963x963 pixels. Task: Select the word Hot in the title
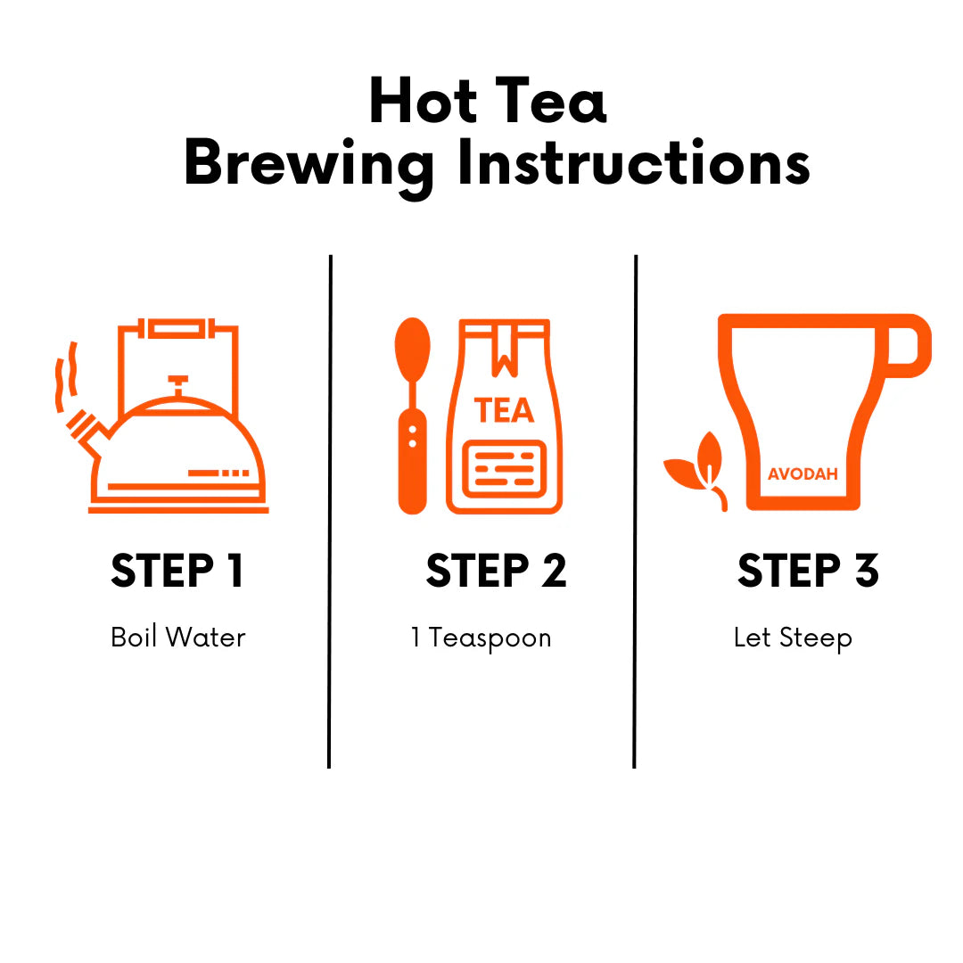[x=423, y=100]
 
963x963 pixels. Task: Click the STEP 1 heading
[x=177, y=571]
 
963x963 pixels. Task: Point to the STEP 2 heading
[x=497, y=571]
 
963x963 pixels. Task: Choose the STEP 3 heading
[x=808, y=571]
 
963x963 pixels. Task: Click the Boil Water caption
[x=178, y=637]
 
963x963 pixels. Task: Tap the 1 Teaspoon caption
[x=481, y=638]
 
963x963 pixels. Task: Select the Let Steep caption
[x=793, y=638]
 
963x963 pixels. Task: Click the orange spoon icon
[x=412, y=416]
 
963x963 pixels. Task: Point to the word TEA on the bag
[x=504, y=410]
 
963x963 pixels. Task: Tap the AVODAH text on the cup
[x=802, y=473]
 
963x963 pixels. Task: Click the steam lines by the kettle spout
[x=66, y=376]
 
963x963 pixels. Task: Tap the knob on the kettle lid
[x=178, y=386]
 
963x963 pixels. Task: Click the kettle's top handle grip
[x=178, y=328]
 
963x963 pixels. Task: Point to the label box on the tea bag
[x=504, y=469]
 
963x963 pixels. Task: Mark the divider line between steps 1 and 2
[x=330, y=511]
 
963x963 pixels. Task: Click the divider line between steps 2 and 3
[x=635, y=511]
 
